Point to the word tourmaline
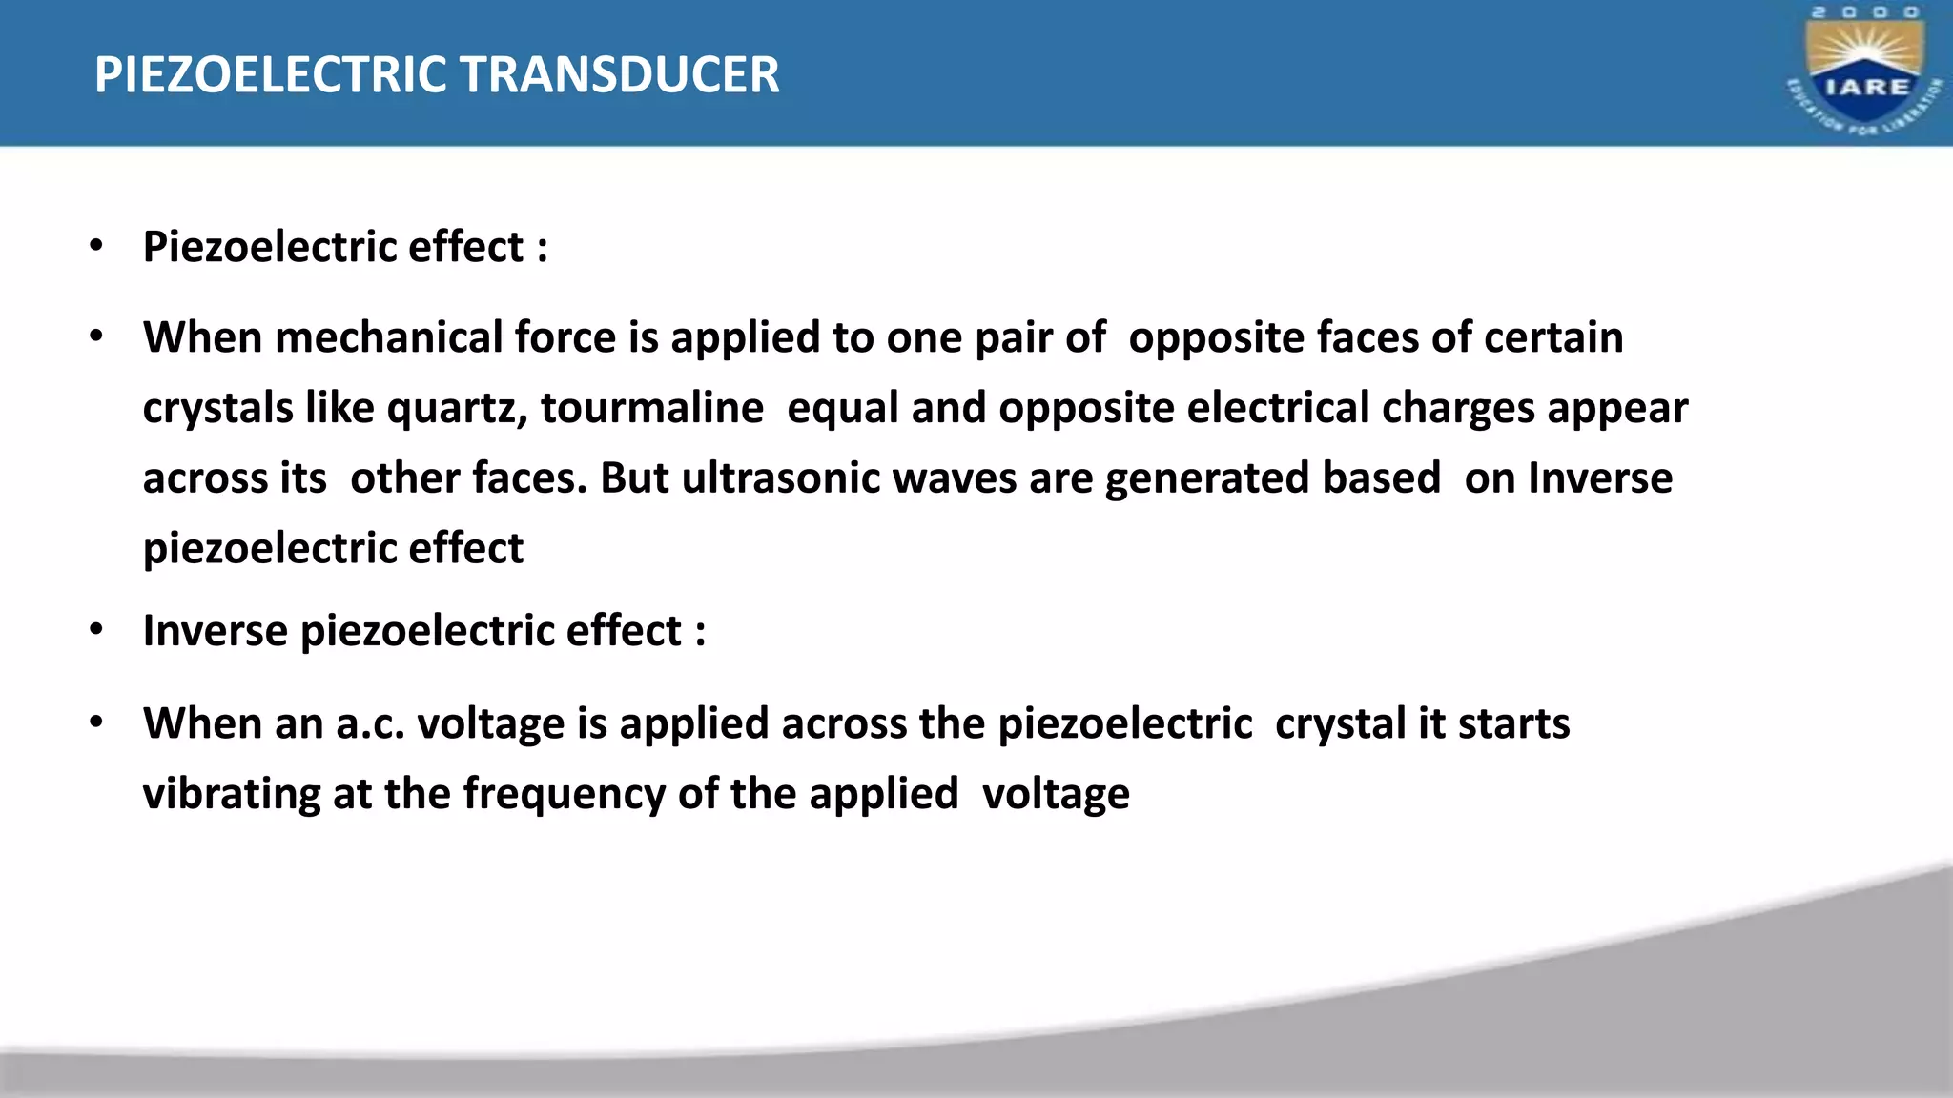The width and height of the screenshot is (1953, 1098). [x=652, y=408]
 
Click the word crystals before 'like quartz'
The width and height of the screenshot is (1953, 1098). [x=217, y=409]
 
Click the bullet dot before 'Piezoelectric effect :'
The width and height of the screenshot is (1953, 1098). [x=95, y=246]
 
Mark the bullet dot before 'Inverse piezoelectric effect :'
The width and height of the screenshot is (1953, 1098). [x=95, y=630]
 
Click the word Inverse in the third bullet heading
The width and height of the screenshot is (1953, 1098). [x=215, y=631]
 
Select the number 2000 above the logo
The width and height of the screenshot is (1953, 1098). [x=1865, y=12]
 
